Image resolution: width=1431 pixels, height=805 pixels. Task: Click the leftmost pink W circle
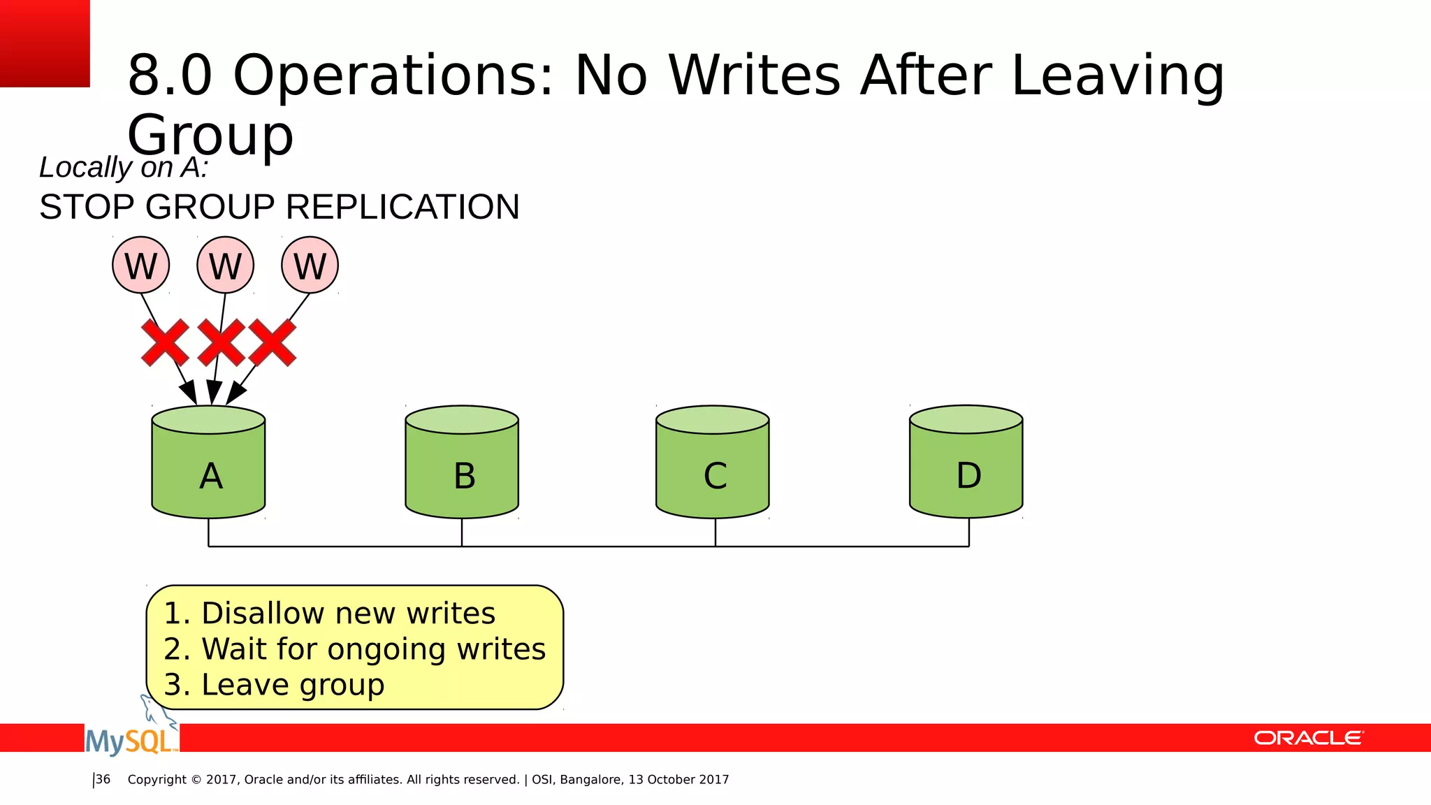(141, 266)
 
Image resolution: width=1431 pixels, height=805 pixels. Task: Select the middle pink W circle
(226, 266)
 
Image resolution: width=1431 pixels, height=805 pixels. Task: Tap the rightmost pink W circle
(310, 266)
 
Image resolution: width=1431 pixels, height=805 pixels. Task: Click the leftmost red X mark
(165, 342)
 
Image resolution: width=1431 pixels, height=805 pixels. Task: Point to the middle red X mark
(221, 342)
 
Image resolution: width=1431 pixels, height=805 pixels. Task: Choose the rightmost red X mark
(273, 342)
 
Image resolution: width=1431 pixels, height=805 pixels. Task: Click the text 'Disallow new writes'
(348, 614)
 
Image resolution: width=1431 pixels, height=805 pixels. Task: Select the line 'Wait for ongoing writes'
(373, 649)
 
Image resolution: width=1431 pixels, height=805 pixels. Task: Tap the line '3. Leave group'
(274, 685)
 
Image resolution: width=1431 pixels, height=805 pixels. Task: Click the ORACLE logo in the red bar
(1308, 738)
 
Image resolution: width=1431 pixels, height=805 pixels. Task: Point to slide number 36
(103, 779)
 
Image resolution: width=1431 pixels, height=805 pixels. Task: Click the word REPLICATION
(402, 208)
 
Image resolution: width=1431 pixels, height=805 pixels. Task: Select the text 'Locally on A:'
(124, 168)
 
